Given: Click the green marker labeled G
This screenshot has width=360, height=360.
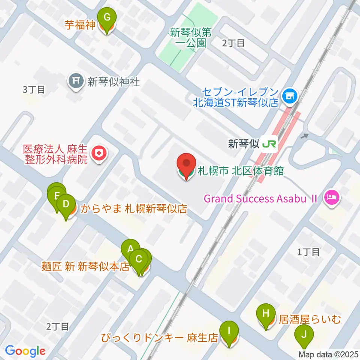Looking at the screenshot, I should [107, 18].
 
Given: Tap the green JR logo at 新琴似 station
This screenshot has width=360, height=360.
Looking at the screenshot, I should [270, 144].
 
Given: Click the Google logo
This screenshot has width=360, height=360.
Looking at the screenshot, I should [25, 351].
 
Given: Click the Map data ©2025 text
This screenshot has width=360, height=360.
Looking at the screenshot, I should [328, 354].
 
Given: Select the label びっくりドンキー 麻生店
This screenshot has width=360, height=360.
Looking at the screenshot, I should [159, 338].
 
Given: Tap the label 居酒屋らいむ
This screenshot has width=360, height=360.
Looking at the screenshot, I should [309, 319].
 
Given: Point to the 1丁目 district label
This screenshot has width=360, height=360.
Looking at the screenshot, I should [308, 252].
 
